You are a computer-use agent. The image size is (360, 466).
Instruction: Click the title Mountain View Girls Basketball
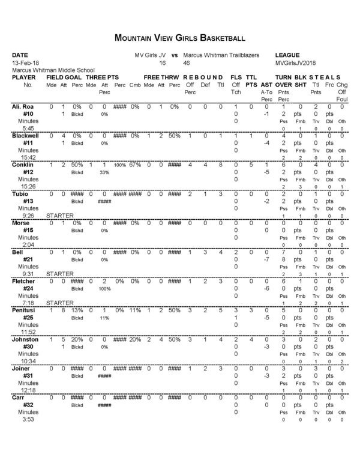point(179,38)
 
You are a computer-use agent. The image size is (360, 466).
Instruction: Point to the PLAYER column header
point(25,78)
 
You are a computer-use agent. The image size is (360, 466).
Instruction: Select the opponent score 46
point(187,63)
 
